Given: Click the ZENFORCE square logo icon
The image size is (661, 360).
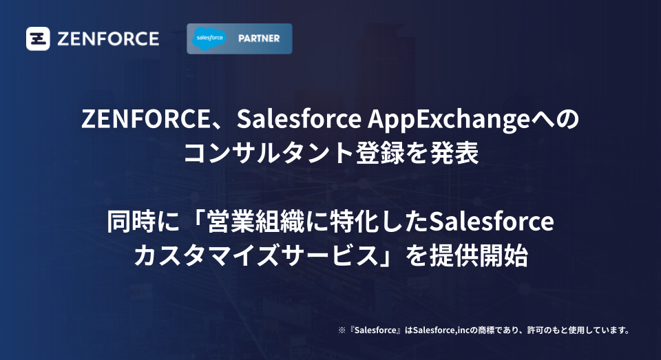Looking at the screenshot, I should [x=39, y=39].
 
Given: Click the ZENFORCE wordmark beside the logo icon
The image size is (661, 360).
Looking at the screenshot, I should [x=107, y=39].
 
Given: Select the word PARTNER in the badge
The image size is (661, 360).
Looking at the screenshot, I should [x=260, y=39].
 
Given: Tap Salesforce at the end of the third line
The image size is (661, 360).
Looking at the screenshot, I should [x=491, y=222].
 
